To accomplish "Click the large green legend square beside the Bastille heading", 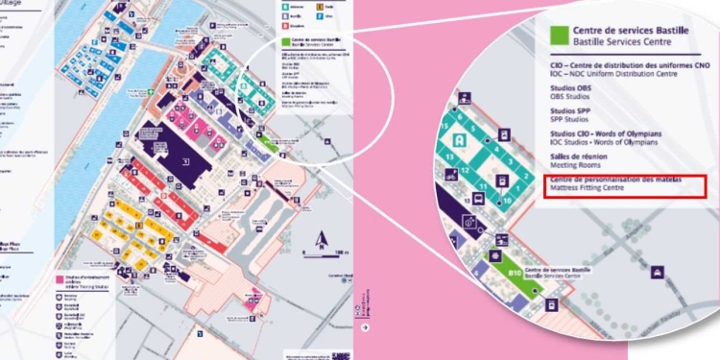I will coord(556,36).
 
